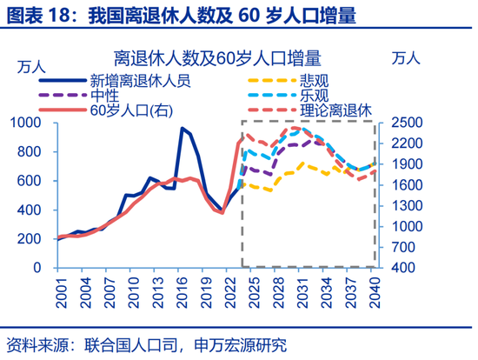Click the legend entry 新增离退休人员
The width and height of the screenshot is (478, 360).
pyautogui.click(x=140, y=79)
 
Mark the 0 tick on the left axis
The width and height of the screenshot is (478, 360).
pyautogui.click(x=48, y=268)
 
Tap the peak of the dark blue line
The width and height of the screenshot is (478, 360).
pyautogui.click(x=183, y=129)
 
